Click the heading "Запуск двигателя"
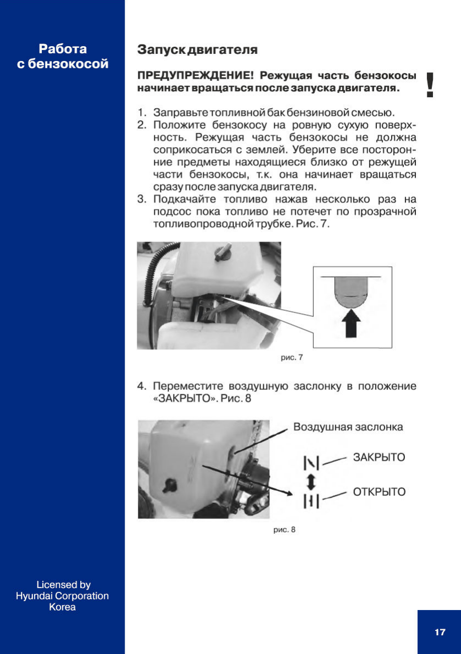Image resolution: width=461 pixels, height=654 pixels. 197,51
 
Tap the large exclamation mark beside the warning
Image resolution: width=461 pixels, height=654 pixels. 430,86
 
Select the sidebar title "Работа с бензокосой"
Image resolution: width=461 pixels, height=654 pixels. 63,57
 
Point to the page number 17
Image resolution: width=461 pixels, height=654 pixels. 440,632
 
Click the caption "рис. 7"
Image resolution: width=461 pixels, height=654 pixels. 292,357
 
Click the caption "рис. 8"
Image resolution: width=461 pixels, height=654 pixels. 285,530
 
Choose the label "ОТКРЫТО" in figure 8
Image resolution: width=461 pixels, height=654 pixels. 379,492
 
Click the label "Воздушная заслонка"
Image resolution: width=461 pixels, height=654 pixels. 348,427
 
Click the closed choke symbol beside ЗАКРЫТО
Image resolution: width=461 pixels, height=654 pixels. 311,464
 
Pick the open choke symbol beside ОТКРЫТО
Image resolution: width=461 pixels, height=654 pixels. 311,500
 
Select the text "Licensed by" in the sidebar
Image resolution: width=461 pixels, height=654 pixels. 63,585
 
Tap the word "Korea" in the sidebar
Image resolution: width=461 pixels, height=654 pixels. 63,607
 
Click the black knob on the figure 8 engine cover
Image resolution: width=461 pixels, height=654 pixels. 168,484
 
